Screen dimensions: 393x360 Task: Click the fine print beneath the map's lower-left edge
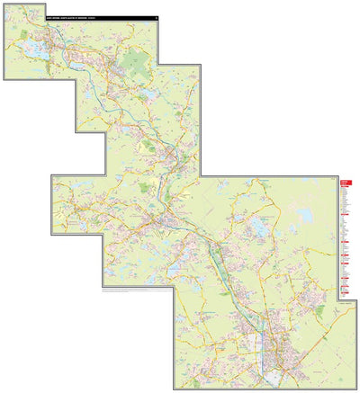135,292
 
